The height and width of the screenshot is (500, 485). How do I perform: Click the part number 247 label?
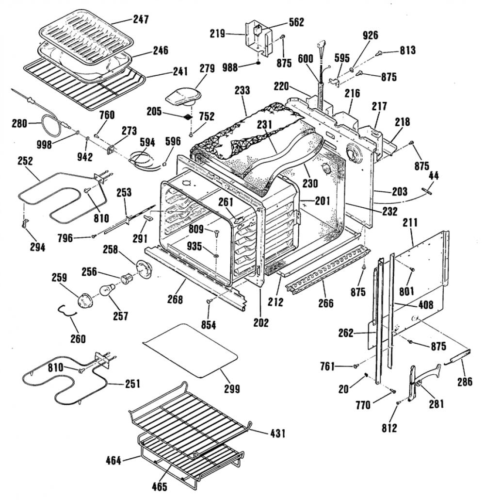pos(141,19)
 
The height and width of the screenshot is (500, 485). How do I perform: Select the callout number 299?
pos(232,389)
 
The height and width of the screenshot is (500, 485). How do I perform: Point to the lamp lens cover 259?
pos(84,301)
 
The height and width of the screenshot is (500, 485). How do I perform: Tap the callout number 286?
pos(465,382)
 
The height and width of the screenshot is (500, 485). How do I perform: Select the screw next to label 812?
pos(398,403)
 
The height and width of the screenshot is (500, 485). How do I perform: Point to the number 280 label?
pos(19,123)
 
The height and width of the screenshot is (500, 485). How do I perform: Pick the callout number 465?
pos(160,486)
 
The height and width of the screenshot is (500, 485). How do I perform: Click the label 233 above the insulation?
pos(242,91)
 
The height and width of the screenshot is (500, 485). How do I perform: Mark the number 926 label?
pos(370,35)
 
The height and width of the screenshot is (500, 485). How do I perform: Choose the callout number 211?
pos(410,223)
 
